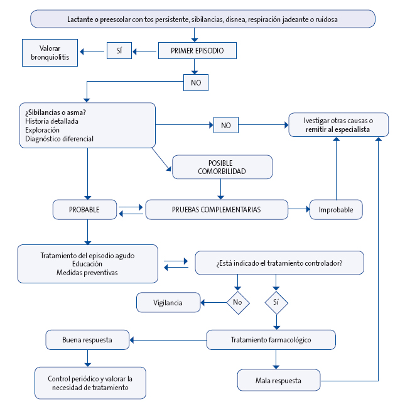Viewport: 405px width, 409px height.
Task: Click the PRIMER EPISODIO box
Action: click(197, 50)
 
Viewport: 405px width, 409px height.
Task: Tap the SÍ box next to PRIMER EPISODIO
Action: click(119, 50)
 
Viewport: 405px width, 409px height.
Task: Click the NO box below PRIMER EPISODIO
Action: click(196, 82)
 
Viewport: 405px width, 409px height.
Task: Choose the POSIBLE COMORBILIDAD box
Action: click(222, 166)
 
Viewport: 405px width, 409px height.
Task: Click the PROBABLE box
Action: click(85, 209)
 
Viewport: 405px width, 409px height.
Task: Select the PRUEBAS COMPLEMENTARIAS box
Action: click(217, 209)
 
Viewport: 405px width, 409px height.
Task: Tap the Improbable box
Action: click(336, 209)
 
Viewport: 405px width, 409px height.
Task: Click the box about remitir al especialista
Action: click(338, 124)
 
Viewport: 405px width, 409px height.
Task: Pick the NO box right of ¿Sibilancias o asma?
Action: click(225, 126)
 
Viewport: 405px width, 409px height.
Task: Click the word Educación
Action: click(87, 264)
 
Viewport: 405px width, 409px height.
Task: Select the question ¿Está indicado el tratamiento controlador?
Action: click(279, 263)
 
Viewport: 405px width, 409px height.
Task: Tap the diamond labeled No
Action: click(238, 302)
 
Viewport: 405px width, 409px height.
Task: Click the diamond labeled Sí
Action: click(276, 302)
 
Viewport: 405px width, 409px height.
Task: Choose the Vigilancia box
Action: click(168, 302)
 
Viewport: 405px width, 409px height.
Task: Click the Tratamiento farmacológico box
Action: click(271, 340)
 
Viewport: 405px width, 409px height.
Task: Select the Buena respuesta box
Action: click(87, 340)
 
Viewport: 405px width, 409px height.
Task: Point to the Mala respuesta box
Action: click(279, 380)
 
